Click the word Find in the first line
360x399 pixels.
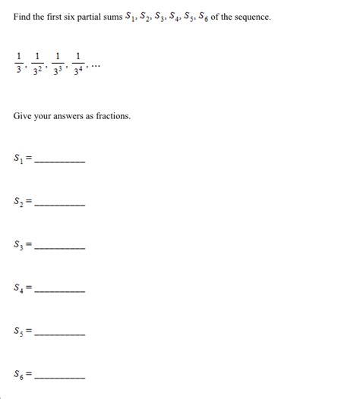click(x=24, y=17)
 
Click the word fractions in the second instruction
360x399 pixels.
click(x=111, y=116)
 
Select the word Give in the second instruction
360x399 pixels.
click(x=24, y=116)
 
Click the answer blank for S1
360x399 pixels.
click(x=60, y=161)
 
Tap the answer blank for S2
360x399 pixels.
click(x=60, y=203)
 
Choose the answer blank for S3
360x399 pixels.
click(x=60, y=247)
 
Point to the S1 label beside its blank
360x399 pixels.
click(x=18, y=159)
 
